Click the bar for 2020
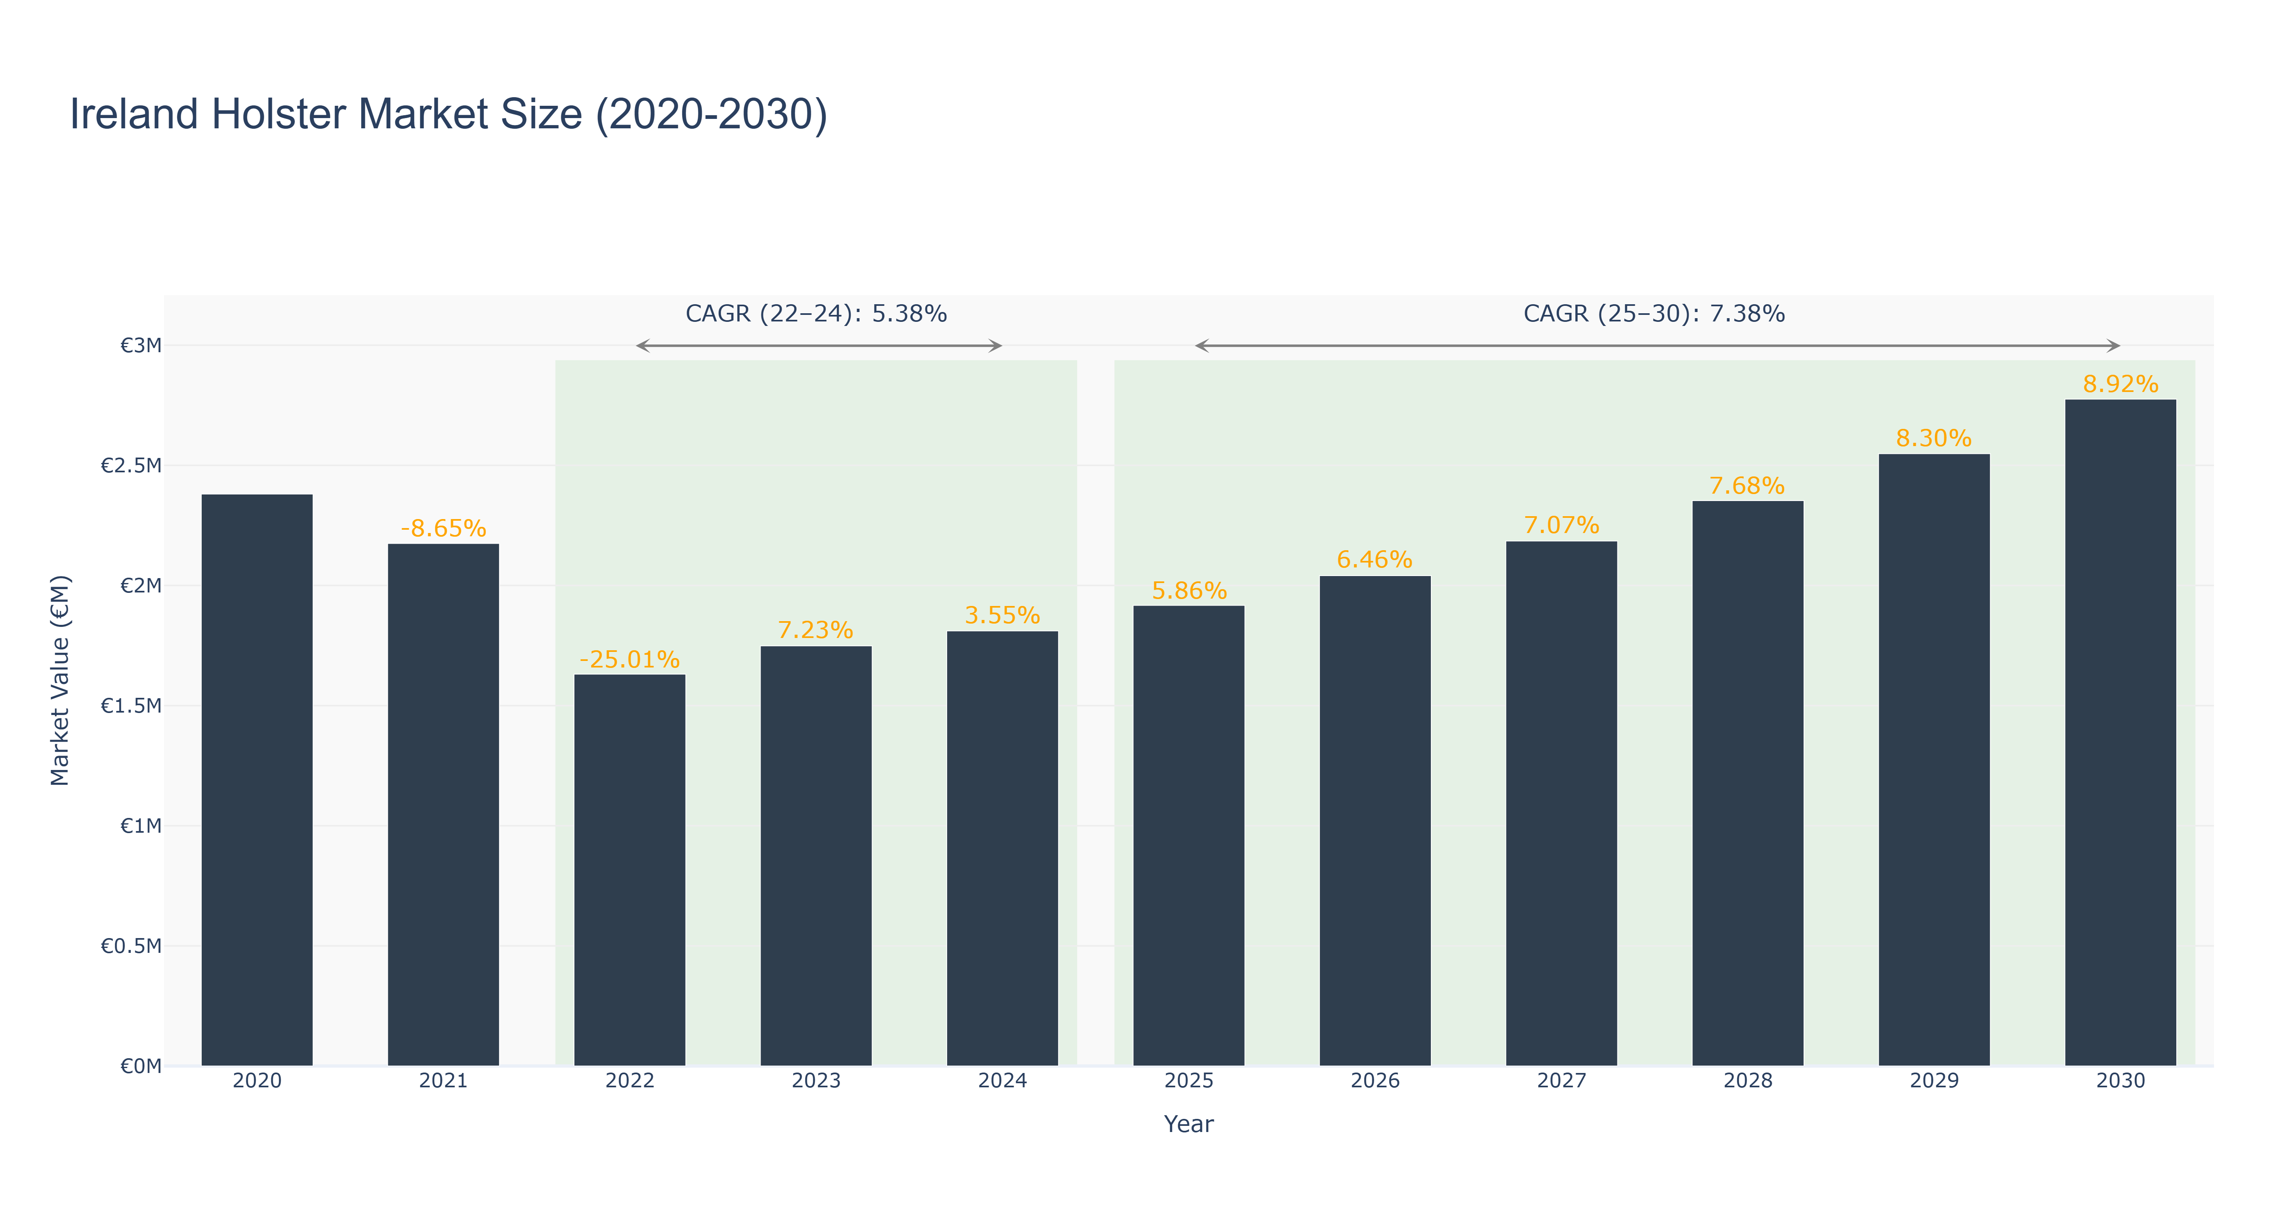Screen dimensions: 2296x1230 tap(257, 780)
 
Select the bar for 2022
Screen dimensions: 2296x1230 tap(629, 870)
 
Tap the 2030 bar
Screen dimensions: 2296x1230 tap(2121, 733)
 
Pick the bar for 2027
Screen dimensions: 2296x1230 tap(1562, 803)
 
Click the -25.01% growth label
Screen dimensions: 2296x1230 tap(629, 660)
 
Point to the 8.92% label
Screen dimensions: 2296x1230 tap(2121, 384)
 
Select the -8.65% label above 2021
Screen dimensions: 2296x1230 tap(443, 528)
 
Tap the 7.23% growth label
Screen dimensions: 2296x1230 tap(815, 630)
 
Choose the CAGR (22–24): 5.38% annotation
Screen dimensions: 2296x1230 tap(815, 314)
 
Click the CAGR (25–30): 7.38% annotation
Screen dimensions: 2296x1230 tap(1654, 314)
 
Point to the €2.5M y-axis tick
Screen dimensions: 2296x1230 tap(131, 465)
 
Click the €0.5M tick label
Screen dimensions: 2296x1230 tap(131, 946)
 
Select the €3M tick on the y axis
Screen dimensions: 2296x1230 tap(141, 345)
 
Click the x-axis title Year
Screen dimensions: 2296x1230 tap(1189, 1124)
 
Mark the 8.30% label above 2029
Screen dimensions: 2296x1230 tap(1934, 439)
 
